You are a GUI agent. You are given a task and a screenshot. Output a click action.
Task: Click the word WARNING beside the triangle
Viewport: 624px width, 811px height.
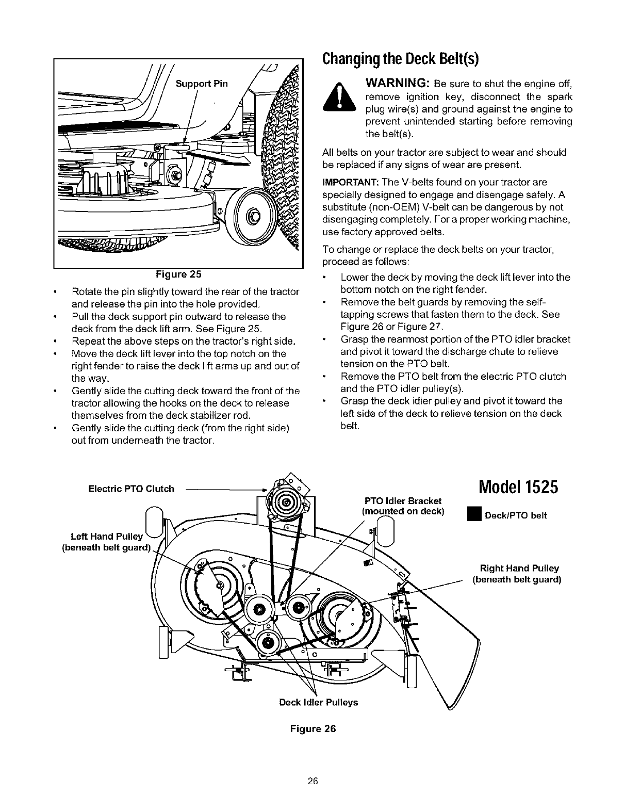[x=398, y=84]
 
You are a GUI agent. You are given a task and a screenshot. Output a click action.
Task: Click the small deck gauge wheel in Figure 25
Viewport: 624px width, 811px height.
[x=252, y=215]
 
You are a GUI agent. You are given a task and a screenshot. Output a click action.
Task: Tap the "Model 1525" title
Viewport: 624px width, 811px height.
[x=518, y=488]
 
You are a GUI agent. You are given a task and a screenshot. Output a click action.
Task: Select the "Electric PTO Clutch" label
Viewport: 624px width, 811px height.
[x=132, y=489]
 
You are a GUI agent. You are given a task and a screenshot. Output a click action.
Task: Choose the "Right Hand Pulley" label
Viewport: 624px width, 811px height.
[x=519, y=569]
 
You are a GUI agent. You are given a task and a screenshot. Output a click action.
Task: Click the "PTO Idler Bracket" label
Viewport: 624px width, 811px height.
[x=403, y=501]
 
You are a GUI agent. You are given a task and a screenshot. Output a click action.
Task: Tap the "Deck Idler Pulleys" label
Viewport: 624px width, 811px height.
[x=318, y=703]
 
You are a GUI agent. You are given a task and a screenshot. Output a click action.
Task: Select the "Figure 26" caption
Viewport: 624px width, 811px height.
[x=313, y=729]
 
